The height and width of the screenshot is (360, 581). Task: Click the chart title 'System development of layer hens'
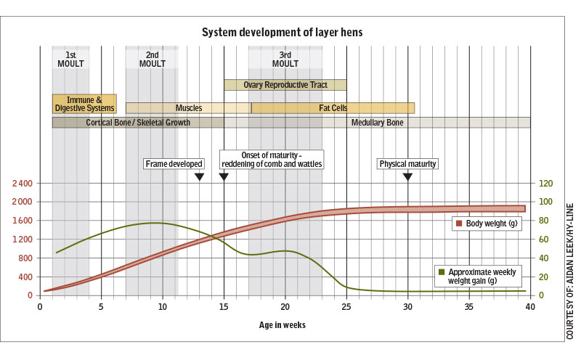282,32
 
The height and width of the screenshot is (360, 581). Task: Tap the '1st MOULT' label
70,60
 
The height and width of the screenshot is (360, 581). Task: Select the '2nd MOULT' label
153,60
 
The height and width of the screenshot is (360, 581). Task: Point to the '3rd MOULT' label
285,60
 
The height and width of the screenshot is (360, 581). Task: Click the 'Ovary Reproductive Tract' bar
285,85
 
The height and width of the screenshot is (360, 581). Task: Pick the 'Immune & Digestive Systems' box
84,104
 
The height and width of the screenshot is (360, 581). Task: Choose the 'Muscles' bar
189,107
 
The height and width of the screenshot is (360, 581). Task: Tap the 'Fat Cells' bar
333,107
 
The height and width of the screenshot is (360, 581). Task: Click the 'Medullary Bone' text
377,123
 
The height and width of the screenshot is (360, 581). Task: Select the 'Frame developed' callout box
174,164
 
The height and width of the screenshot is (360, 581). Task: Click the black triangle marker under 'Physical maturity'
407,176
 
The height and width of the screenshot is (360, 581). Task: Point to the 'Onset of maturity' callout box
272,160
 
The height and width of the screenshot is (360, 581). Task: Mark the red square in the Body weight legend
459,224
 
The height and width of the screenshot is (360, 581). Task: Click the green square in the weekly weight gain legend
442,272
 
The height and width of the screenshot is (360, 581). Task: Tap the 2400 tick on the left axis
23,184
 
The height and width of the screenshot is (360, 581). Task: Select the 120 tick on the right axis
545,184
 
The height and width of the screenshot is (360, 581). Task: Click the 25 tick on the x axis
346,307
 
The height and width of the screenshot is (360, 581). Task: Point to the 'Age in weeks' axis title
283,325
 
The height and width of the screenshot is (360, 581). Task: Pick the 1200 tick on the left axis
23,240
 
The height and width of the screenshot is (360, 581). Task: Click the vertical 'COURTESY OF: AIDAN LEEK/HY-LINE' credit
569,271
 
